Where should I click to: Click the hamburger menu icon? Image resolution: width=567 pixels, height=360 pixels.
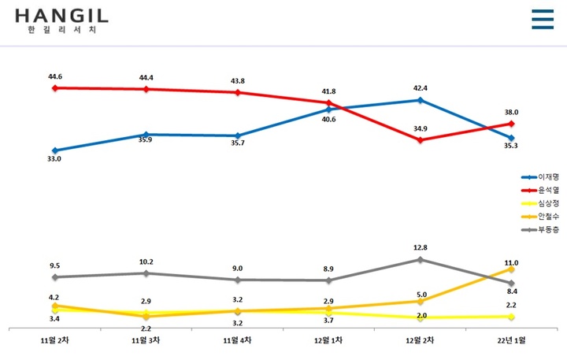coord(543,19)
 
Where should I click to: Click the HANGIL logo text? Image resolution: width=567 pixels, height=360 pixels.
coord(61,16)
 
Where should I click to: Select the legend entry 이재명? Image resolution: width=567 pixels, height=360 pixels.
coord(543,177)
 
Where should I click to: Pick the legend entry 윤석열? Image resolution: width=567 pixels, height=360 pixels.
coord(543,190)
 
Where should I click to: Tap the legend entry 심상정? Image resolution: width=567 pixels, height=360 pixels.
coord(543,202)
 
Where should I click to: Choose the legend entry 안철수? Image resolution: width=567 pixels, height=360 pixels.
coord(543,215)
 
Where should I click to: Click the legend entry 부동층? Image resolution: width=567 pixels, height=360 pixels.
coord(543,228)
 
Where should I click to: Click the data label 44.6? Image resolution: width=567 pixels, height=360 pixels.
coord(54,76)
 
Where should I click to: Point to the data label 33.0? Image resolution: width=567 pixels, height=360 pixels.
coord(54,159)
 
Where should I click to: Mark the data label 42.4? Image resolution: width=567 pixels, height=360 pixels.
coord(421,89)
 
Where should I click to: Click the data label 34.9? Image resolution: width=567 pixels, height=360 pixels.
coord(421,128)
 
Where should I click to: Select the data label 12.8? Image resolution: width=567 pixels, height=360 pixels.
coord(421,247)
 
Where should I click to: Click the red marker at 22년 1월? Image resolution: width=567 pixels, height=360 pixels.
coord(512,123)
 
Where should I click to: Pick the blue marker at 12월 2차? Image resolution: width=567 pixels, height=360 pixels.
coord(421,100)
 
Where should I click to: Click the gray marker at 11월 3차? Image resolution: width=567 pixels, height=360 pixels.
coord(146,273)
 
